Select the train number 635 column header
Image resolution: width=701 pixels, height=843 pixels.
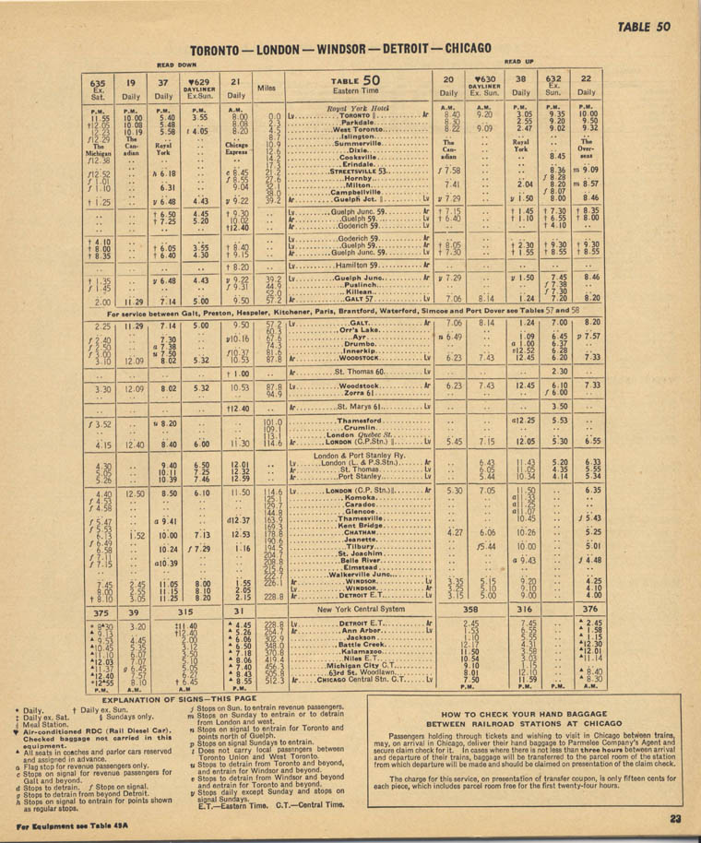(x=98, y=82)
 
